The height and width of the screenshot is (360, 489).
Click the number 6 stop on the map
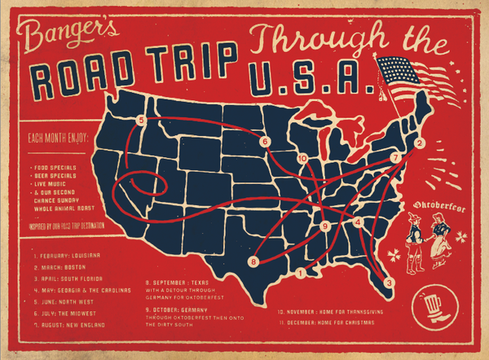click(x=265, y=141)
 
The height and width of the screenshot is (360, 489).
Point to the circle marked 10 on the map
click(x=302, y=159)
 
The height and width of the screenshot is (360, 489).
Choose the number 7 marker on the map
click(x=397, y=156)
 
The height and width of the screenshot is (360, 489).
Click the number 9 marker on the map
click(x=324, y=226)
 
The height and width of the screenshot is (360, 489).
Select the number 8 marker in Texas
click(x=253, y=261)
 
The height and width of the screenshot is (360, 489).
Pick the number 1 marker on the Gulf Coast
click(x=301, y=274)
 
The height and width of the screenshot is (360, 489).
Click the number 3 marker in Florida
click(x=389, y=283)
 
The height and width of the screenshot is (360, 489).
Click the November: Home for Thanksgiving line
click(x=340, y=311)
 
